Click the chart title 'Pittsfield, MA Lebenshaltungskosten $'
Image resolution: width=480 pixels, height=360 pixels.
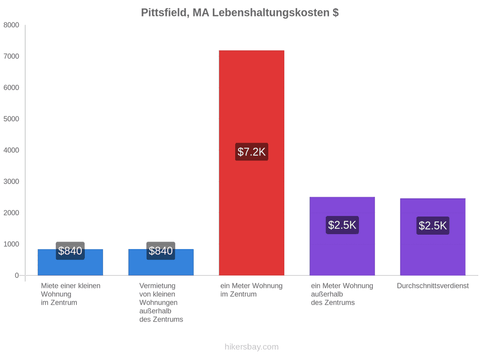[x=239, y=13]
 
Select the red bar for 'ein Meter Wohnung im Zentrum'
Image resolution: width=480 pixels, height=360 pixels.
[x=252, y=163]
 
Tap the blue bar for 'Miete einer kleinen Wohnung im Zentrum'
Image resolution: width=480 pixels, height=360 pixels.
[x=70, y=262]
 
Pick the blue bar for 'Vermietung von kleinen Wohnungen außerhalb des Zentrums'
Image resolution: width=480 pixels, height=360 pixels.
[x=161, y=262]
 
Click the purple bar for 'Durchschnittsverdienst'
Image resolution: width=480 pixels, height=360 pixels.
[x=433, y=237]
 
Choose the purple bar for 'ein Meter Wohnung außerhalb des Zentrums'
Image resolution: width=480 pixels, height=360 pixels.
[x=342, y=236]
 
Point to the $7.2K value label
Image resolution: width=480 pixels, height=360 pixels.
[x=252, y=152]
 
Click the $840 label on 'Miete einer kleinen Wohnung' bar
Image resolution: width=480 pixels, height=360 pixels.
[x=70, y=251]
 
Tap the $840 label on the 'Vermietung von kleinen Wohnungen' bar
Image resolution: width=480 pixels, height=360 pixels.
[x=161, y=251]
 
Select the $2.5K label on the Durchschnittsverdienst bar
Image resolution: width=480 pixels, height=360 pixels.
[x=433, y=226]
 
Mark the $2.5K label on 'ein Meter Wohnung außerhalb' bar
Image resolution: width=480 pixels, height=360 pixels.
[x=342, y=225]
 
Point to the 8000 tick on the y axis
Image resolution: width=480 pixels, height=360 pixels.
[x=11, y=25]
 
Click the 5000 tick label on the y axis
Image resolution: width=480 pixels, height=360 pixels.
[x=11, y=119]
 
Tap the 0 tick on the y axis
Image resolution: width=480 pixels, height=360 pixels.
[x=17, y=276]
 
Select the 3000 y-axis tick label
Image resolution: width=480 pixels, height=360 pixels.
[x=11, y=181]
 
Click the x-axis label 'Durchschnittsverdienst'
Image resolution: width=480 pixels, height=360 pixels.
[x=433, y=286]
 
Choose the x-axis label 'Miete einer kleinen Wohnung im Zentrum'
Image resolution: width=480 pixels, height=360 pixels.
[x=71, y=294]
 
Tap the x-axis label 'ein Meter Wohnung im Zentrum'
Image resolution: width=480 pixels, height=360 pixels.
[x=252, y=290]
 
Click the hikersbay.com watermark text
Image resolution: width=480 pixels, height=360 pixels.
[x=252, y=347]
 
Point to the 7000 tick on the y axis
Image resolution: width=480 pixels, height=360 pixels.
[x=11, y=57]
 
